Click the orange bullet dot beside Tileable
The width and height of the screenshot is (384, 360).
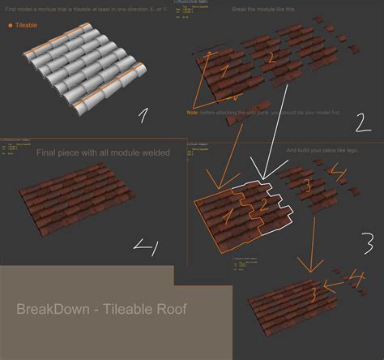(10, 25)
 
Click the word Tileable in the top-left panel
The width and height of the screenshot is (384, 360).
(28, 25)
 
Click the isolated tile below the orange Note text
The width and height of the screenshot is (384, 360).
(233, 122)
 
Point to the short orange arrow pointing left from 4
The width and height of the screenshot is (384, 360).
(335, 284)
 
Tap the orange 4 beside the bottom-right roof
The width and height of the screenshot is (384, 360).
(357, 279)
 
